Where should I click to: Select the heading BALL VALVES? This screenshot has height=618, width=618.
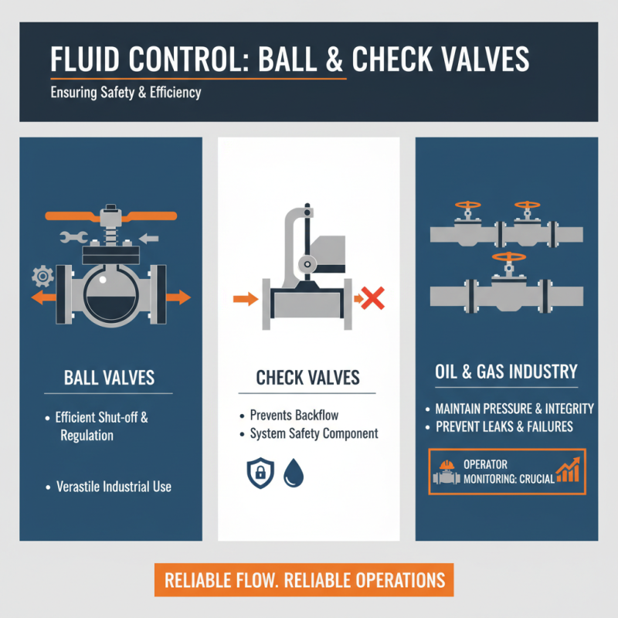point(109,379)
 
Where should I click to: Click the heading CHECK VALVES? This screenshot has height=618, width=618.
point(308,378)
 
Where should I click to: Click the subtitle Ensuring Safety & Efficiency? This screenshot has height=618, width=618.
point(126,93)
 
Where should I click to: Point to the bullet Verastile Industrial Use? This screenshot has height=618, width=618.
point(114,487)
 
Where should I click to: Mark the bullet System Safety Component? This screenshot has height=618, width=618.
point(314,433)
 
